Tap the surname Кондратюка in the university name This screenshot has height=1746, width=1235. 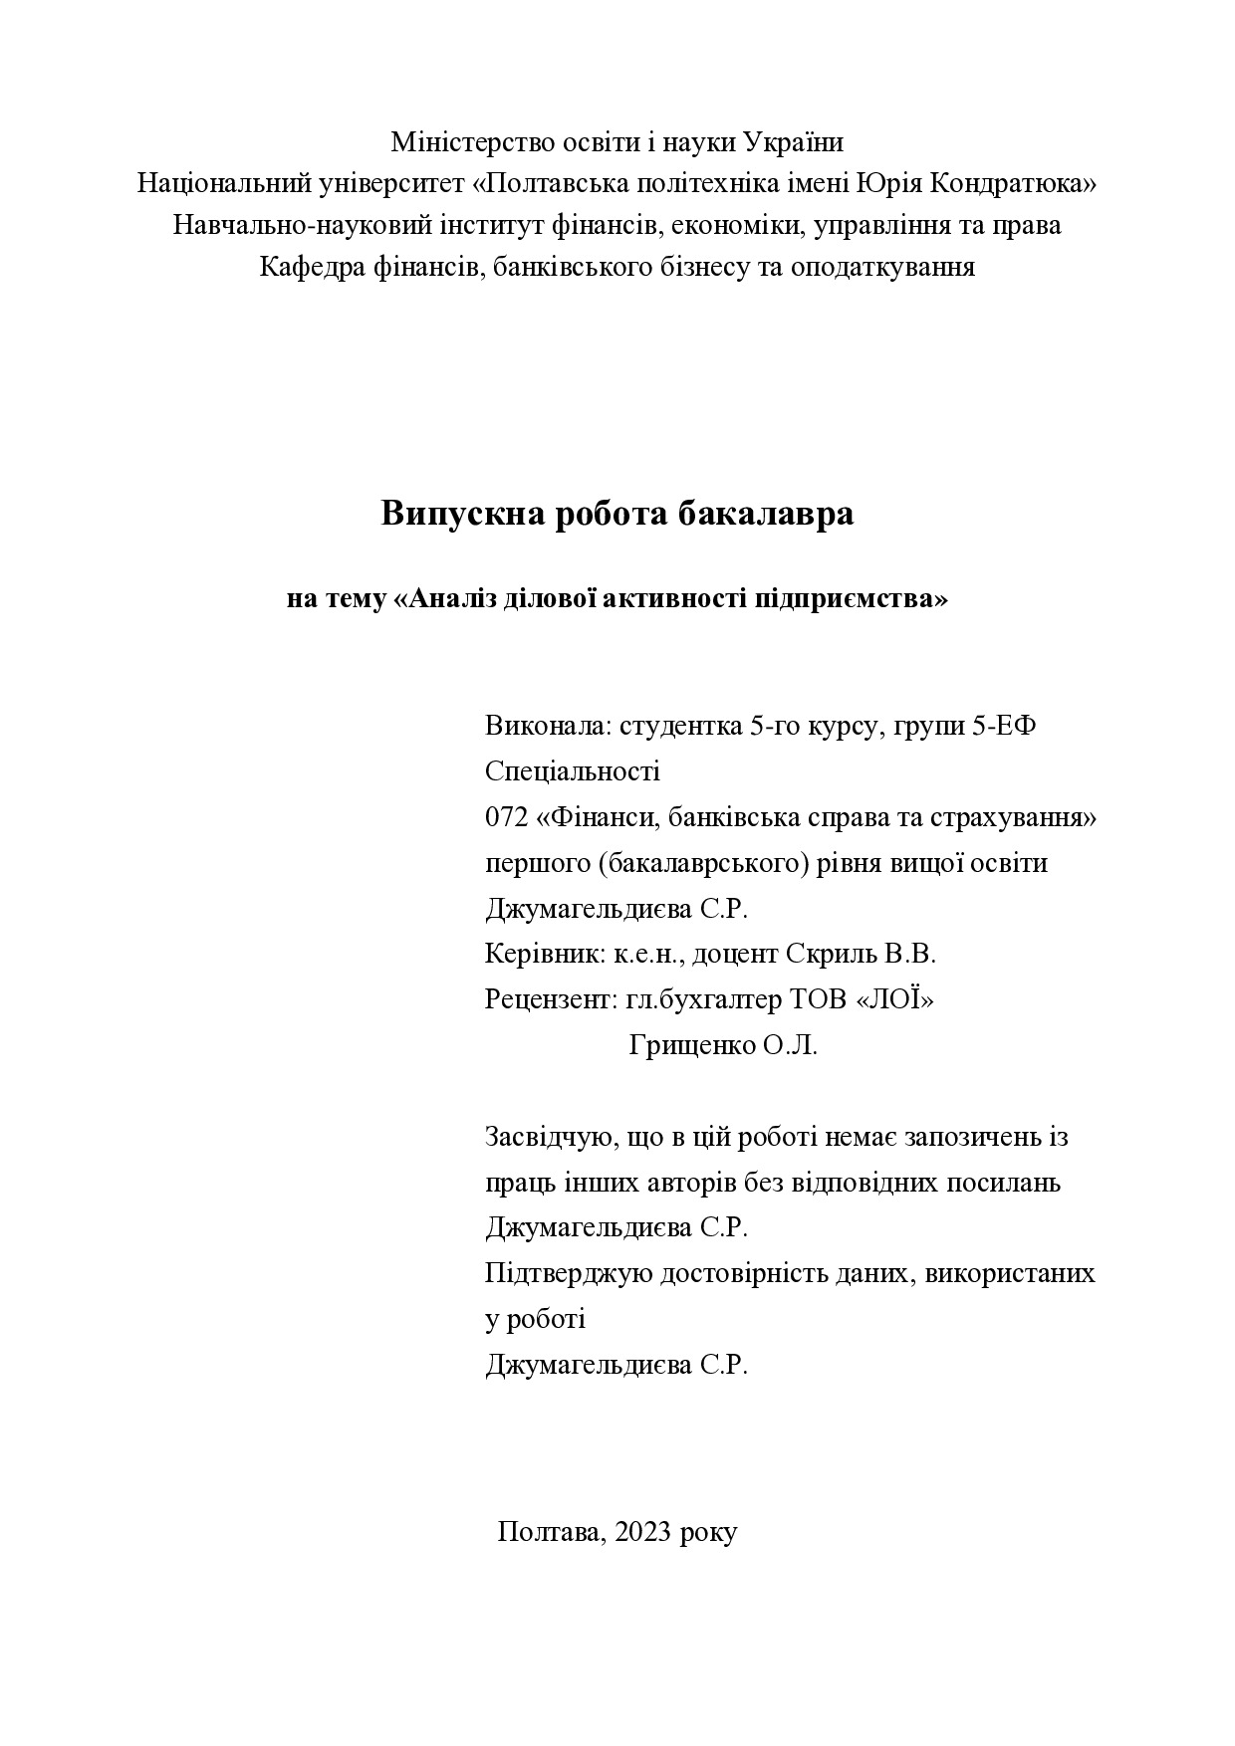(x=1012, y=184)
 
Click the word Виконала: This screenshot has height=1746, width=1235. (x=548, y=726)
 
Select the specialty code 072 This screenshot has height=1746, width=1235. (x=506, y=817)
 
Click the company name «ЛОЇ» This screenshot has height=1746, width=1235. (x=895, y=999)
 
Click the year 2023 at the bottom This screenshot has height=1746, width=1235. (x=643, y=1532)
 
